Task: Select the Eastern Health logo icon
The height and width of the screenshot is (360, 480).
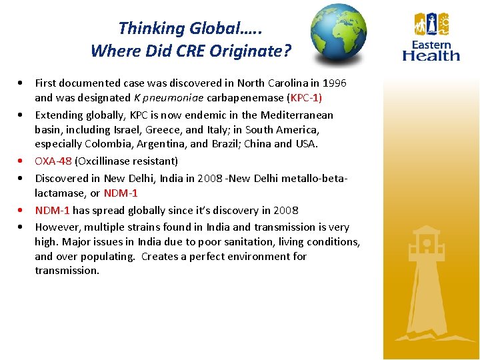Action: tap(431, 25)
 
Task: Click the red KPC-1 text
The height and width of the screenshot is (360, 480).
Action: tap(303, 97)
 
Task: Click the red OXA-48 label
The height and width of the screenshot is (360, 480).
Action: tap(53, 161)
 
